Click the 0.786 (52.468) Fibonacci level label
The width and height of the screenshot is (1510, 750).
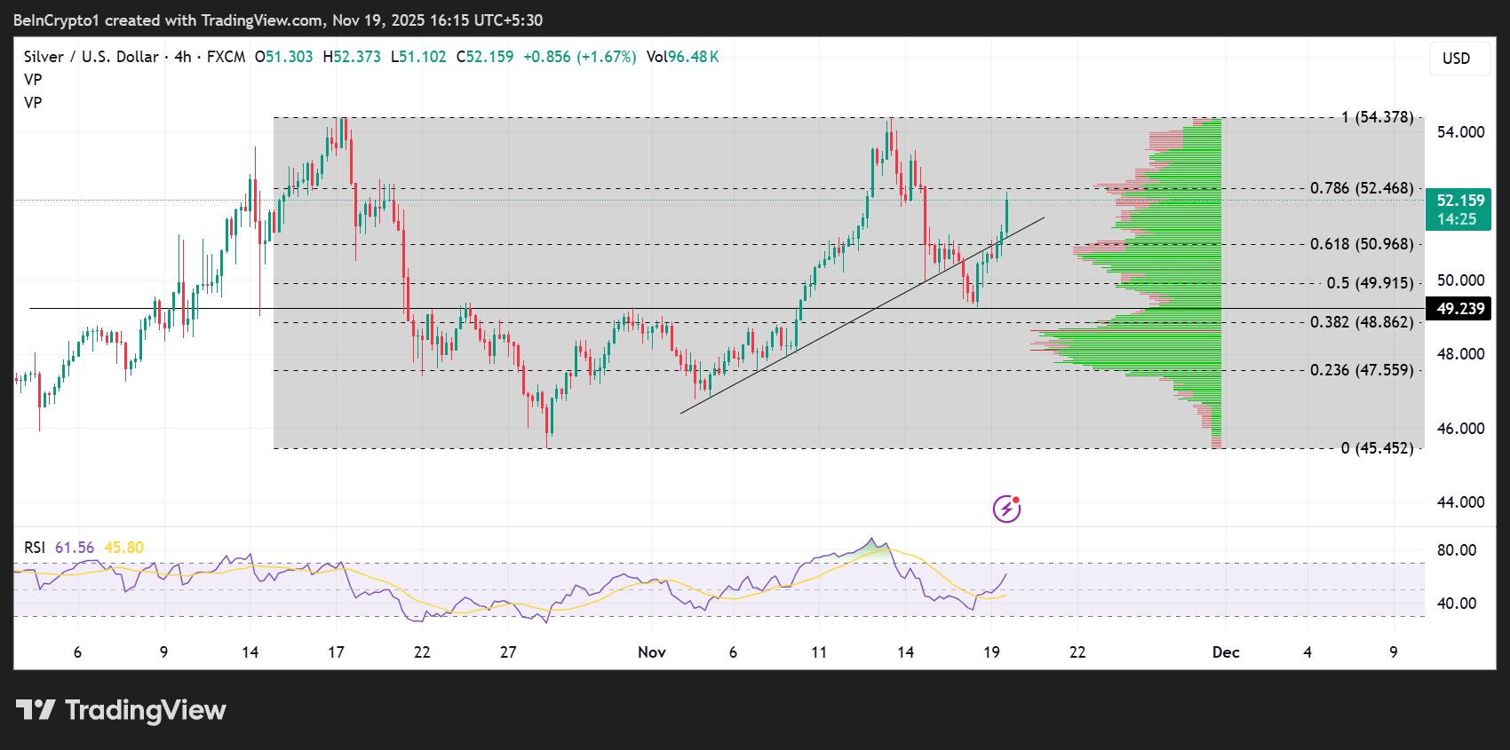(x=1361, y=188)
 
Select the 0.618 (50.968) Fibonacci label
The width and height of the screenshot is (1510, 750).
(x=1361, y=244)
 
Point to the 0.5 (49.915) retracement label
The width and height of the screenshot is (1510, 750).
(x=1369, y=283)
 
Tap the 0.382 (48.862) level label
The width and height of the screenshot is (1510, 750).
(x=1361, y=322)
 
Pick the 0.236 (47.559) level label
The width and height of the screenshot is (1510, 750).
(x=1361, y=370)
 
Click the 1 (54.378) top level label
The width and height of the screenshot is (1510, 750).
(x=1377, y=117)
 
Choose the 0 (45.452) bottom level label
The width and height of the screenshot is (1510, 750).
(x=1377, y=448)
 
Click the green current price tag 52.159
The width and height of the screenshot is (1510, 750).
(x=1458, y=209)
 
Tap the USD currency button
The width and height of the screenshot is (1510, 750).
(x=1456, y=59)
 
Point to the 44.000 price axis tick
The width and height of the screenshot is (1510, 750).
(x=1460, y=502)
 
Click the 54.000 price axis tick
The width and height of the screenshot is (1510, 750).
(x=1460, y=132)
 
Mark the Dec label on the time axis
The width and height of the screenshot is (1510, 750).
(x=1226, y=652)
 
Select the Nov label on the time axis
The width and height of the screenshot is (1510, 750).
(x=651, y=652)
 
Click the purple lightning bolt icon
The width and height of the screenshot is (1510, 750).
(x=1006, y=509)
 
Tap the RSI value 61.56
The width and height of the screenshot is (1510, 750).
(x=75, y=548)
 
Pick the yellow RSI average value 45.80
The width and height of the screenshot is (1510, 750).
(x=123, y=548)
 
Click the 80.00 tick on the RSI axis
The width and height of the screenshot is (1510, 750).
(x=1457, y=550)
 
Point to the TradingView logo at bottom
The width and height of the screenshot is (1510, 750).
(x=121, y=710)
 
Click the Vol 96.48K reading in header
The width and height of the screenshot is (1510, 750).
(x=682, y=57)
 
